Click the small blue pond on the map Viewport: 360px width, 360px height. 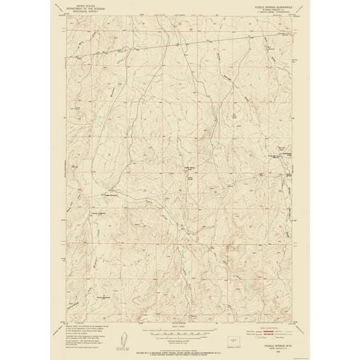pyautogui.click(x=233, y=116)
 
